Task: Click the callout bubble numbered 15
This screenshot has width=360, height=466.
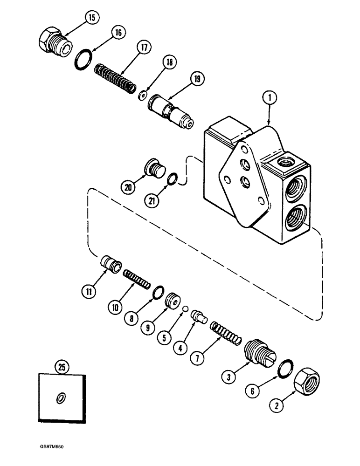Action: (91, 18)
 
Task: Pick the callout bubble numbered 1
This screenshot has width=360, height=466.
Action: (270, 98)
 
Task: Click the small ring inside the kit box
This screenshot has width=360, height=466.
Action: (61, 397)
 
